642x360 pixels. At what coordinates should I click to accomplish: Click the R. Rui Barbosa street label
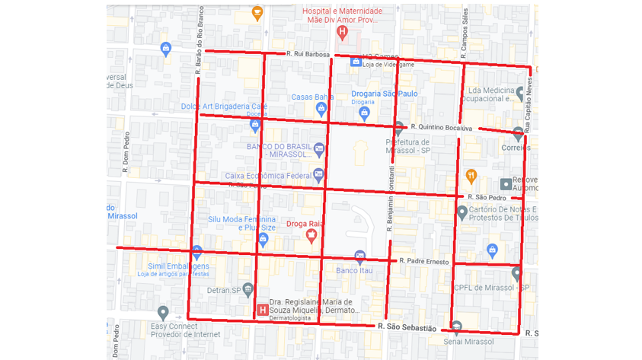coord(308,55)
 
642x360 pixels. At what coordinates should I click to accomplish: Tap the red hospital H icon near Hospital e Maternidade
coord(343,33)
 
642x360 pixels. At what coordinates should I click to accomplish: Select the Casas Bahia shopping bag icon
coord(321,110)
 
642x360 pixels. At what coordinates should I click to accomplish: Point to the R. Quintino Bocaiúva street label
coord(441,127)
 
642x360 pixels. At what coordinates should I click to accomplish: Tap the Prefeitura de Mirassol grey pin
coord(398,129)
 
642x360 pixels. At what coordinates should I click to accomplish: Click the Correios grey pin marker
coord(519,134)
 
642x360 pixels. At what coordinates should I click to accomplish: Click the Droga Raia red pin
coord(311,237)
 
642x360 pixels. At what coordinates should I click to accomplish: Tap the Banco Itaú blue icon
coord(360,257)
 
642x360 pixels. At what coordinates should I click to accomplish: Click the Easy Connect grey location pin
coord(162,312)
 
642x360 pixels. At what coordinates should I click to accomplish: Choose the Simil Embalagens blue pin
coord(196,251)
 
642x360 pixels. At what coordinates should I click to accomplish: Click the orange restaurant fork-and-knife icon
coord(471,175)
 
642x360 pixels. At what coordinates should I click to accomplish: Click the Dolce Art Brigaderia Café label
coord(224,107)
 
